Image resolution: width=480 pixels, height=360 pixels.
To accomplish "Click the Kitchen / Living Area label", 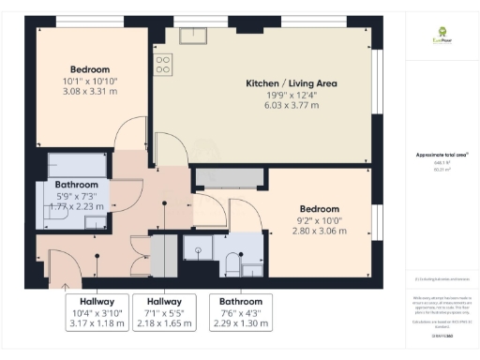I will point(282,83).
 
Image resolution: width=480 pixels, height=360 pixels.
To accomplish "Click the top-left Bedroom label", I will point(90,69).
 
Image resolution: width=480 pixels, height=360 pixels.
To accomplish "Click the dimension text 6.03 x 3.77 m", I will point(282,107).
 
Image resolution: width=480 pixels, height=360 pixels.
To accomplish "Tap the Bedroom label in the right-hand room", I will point(320,208).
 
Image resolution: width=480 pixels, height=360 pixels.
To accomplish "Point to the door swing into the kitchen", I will point(167,145).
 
